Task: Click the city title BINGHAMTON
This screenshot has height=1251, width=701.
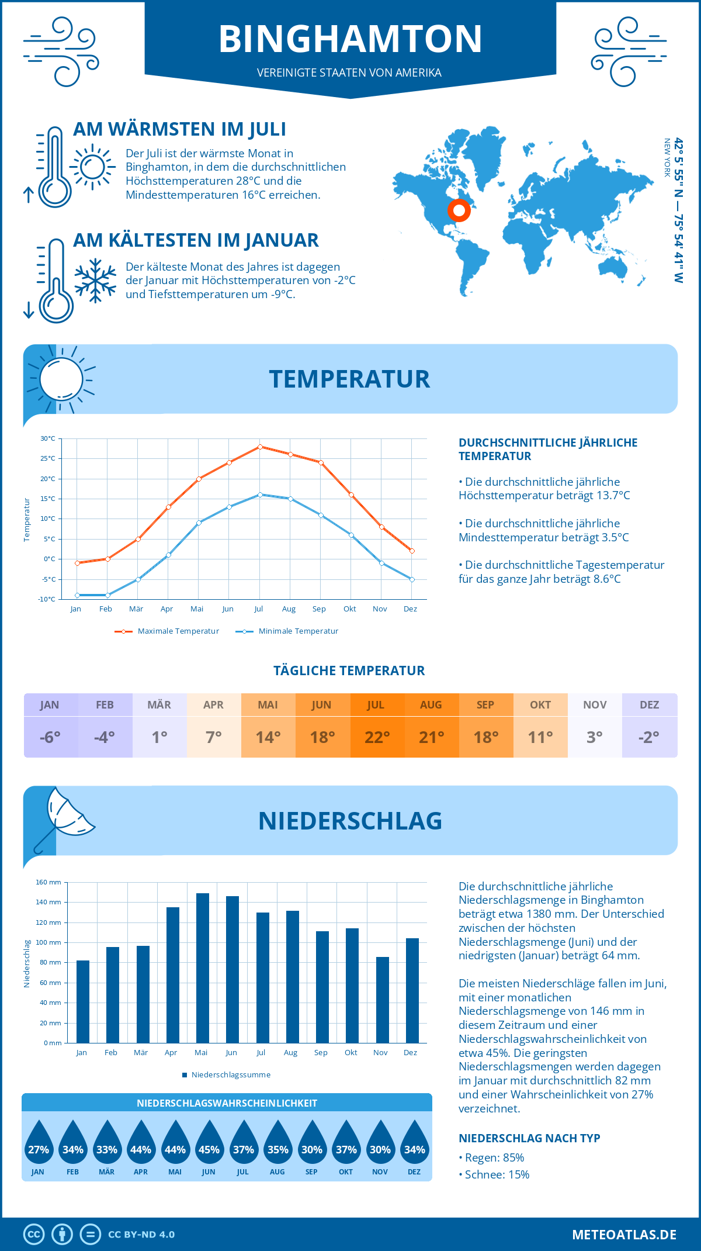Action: [x=350, y=39]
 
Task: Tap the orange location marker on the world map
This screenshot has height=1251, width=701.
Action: [x=459, y=210]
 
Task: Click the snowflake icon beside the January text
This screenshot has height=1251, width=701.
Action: [x=95, y=281]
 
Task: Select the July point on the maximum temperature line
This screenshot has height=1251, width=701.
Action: [x=260, y=447]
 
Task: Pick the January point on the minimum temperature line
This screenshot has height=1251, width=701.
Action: [x=77, y=595]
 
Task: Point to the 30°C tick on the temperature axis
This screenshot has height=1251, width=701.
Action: [x=48, y=438]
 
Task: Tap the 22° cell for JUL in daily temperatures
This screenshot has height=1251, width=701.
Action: [x=377, y=737]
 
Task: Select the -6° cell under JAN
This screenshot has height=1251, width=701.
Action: [x=50, y=737]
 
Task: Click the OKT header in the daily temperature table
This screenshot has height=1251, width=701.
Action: [x=540, y=705]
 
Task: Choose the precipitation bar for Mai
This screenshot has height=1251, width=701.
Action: [x=203, y=967]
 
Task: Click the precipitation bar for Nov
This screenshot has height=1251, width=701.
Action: [x=383, y=1000]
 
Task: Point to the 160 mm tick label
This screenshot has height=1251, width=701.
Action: [x=48, y=882]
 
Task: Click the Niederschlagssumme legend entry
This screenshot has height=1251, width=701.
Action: [x=230, y=1075]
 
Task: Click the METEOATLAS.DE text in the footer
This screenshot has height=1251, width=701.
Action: [x=624, y=1235]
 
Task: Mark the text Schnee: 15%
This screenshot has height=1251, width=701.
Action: [x=497, y=1174]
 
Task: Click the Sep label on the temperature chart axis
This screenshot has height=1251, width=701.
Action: [x=319, y=609]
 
